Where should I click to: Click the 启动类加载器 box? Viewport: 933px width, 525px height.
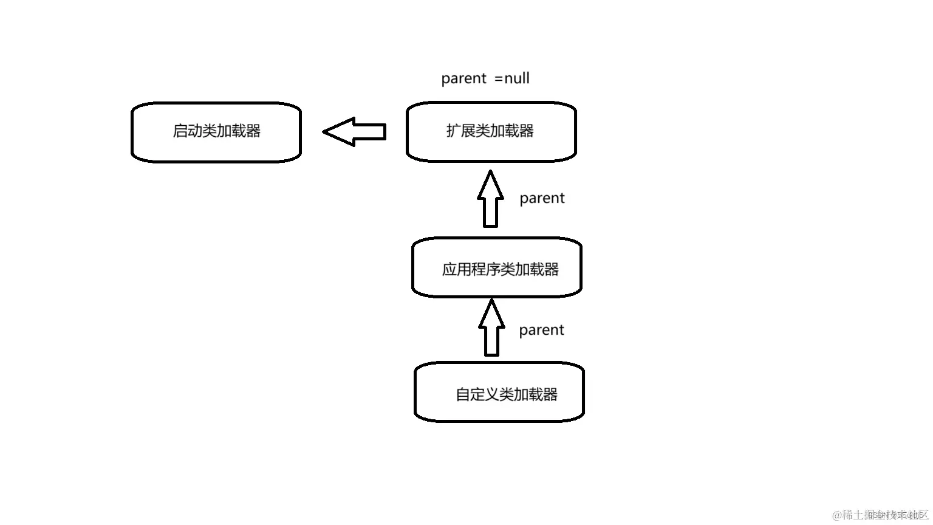coord(216,132)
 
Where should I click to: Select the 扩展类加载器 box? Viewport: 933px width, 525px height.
coord(491,132)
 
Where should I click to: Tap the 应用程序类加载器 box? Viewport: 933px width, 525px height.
coord(497,268)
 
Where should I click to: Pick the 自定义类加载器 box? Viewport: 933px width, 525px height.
coord(499,393)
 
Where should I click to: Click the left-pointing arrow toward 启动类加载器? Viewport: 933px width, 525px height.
coord(355,131)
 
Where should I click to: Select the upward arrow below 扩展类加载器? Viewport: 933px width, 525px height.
coord(490,199)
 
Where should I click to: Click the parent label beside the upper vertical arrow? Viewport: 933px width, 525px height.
coord(542,199)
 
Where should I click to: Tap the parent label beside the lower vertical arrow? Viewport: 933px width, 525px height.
coord(541,331)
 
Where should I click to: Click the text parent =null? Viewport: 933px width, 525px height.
coord(485,78)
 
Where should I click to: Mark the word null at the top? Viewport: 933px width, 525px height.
coord(517,78)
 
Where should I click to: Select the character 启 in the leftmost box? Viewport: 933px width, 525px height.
coord(180,131)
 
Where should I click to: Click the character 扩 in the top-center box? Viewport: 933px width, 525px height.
coord(453,131)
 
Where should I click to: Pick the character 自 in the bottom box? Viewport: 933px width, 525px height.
coord(463,395)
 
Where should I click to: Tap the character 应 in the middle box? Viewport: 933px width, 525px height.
coord(449,270)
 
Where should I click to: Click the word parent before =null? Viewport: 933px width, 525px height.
coord(464,79)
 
